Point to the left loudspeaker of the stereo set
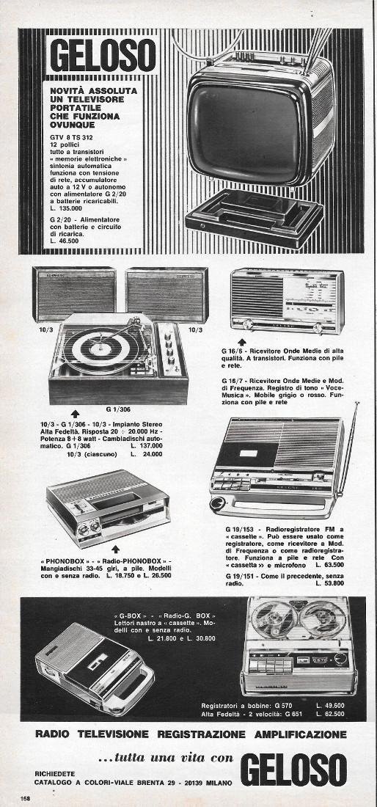(73, 293)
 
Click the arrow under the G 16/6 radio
(242, 342)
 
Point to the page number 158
(26, 797)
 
